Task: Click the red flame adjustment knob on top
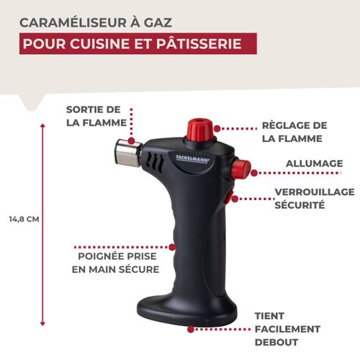point(199,130)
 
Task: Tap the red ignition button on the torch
point(240,169)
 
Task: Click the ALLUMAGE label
point(314,163)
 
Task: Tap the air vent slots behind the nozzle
point(153,161)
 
